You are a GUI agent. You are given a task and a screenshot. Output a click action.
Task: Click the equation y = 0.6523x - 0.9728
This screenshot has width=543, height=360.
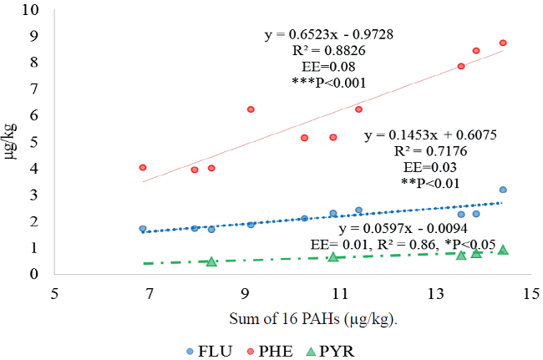coord(329,34)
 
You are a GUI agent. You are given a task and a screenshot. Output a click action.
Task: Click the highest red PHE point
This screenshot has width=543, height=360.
coord(503,43)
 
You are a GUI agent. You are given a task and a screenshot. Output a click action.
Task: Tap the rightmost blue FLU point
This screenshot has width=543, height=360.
coord(503,190)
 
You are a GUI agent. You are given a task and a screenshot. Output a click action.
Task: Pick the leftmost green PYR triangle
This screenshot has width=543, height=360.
coord(211,261)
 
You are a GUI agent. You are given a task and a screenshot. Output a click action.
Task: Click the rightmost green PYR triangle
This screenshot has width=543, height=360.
coord(503,250)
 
